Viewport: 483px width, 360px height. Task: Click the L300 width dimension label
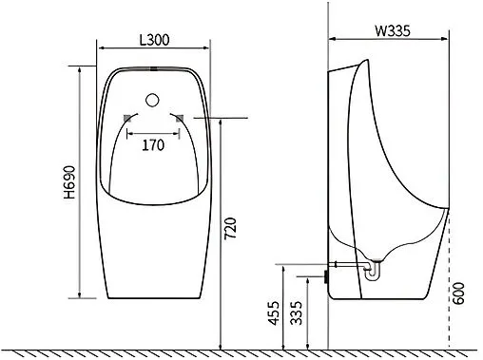(154, 40)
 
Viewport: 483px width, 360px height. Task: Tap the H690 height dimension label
(69, 182)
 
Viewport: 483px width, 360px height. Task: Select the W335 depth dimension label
(393, 31)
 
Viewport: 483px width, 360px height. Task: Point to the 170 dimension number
(153, 145)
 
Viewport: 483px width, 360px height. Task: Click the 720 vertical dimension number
(230, 228)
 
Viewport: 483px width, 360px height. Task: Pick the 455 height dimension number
(274, 313)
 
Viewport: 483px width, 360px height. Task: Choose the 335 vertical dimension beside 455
(297, 313)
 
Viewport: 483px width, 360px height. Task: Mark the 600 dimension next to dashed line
(458, 294)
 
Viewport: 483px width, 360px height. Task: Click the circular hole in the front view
(152, 100)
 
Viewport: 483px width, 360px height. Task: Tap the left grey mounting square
(127, 118)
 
